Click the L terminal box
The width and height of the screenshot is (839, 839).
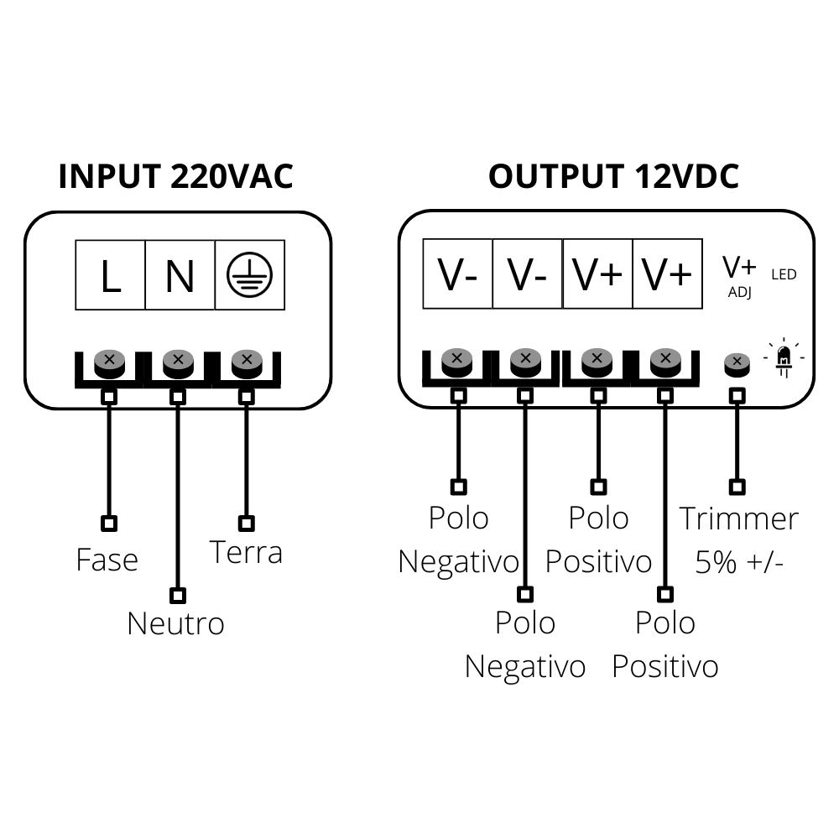[x=110, y=275]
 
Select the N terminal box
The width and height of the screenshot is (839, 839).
[x=180, y=275]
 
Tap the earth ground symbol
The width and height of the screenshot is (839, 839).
[x=249, y=275]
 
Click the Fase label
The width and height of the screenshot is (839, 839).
[x=107, y=560]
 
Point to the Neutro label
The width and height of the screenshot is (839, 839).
[x=175, y=623]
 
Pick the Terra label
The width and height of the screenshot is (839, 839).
[x=245, y=552]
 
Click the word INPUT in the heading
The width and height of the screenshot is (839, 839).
[x=110, y=177]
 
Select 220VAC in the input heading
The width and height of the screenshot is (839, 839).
[x=232, y=177]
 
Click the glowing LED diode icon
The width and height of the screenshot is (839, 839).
[x=784, y=357]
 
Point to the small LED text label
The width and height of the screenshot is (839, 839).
[x=784, y=274]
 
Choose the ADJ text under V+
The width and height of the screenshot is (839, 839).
[x=739, y=292]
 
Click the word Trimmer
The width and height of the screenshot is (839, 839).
[x=738, y=519]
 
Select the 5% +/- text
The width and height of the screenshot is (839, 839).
[x=739, y=562]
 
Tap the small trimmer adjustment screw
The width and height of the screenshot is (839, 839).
[x=737, y=363]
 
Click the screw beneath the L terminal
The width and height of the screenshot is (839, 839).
[x=109, y=362]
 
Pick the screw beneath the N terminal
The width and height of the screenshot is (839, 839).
[x=178, y=362]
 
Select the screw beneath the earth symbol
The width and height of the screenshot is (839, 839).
[x=246, y=362]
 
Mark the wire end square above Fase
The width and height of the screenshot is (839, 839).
[x=108, y=524]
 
